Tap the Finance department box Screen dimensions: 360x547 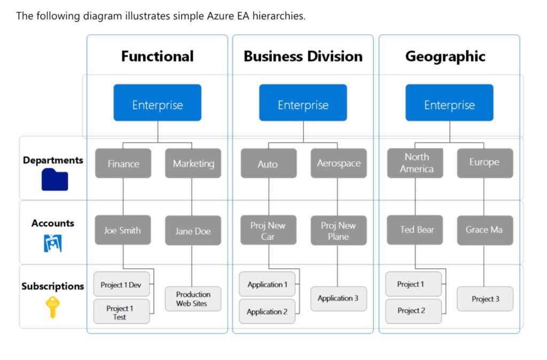(123, 163)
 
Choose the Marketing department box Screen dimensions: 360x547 (193, 163)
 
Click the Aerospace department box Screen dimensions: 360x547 (339, 163)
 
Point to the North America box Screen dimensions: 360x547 (415, 163)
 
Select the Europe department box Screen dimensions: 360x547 (485, 163)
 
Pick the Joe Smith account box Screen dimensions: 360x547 (122, 230)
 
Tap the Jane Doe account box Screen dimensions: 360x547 (193, 231)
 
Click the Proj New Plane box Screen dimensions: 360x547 (339, 231)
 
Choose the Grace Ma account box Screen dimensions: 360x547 (485, 230)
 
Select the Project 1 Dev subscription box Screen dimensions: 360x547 (121, 285)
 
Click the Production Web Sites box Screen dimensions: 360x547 (193, 299)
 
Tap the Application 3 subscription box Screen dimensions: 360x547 (339, 299)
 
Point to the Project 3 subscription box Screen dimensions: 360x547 (485, 299)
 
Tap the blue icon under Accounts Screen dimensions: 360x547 (52, 243)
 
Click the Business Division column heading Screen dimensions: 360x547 (303, 56)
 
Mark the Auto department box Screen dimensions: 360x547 (268, 163)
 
